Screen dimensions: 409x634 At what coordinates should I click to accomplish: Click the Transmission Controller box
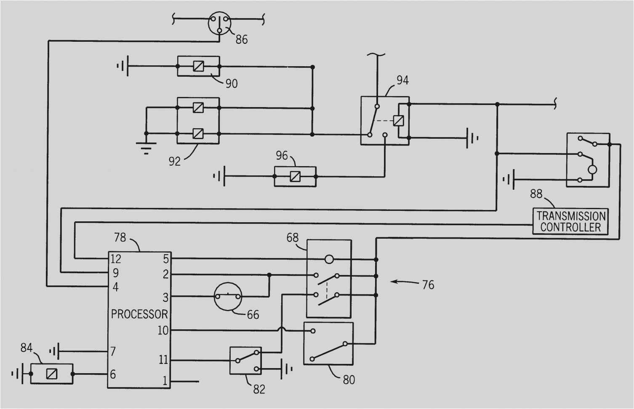[571, 222]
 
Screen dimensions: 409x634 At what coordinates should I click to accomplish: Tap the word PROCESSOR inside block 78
[139, 314]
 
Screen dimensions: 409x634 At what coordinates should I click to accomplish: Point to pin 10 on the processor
[163, 330]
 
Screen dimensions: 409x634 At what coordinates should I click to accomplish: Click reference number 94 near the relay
[402, 80]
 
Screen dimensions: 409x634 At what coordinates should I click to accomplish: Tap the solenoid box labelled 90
[198, 66]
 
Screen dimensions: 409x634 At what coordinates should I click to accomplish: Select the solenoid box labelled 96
[295, 176]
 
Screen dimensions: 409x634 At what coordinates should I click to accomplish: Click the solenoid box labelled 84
[52, 374]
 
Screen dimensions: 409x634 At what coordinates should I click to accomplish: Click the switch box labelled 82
[245, 361]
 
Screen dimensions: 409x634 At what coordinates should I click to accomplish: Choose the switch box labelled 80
[328, 344]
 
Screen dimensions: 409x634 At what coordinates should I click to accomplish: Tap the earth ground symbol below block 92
[146, 147]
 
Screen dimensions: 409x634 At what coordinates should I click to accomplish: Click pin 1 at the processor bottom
[165, 381]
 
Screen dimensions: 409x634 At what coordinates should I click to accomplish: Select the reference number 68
[293, 238]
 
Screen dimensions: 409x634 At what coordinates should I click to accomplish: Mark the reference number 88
[536, 194]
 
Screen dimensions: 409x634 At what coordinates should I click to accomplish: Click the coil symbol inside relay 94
[398, 121]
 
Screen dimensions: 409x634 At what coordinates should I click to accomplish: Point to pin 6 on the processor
[113, 374]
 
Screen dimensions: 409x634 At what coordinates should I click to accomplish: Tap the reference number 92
[174, 161]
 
